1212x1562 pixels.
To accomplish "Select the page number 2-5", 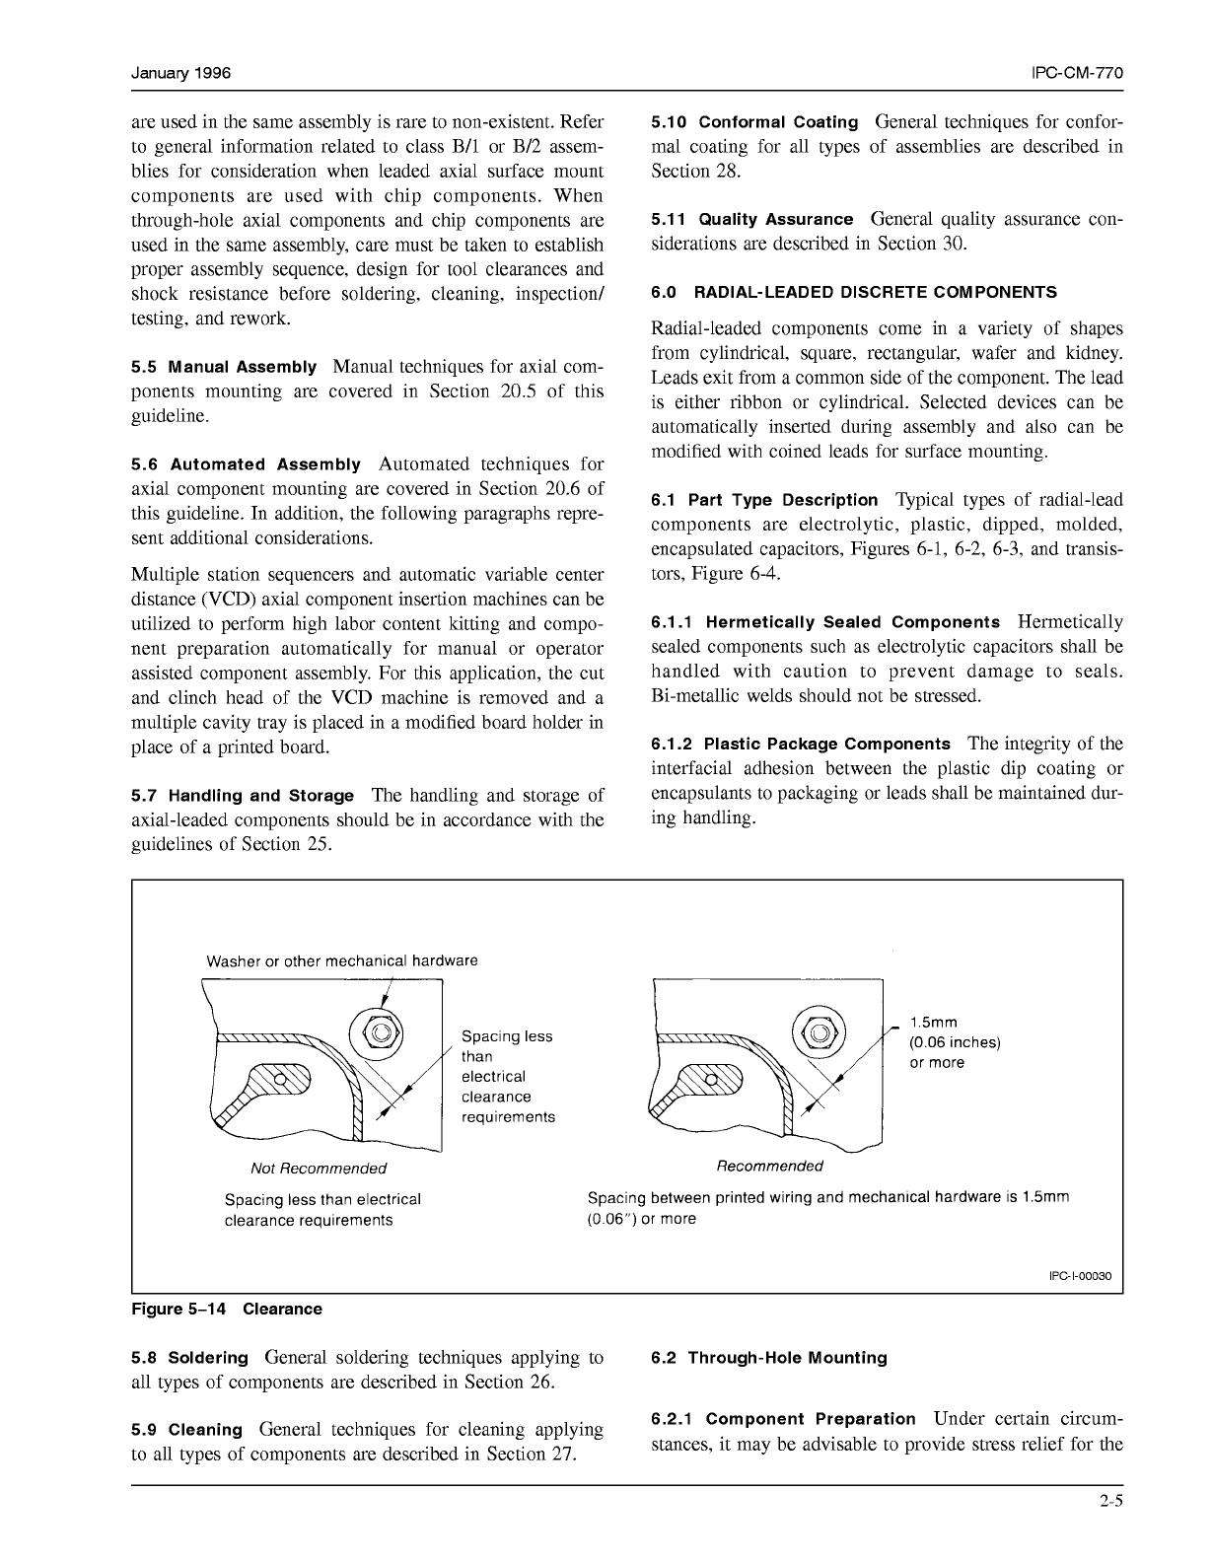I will [1112, 1503].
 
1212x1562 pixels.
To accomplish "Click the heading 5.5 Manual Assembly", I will [224, 367].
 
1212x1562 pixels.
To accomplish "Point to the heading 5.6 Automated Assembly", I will [246, 464].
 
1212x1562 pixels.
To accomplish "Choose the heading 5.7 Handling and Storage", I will [242, 796].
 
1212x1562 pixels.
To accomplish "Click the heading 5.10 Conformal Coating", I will [754, 122].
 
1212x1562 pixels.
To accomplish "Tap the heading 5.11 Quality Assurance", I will [751, 220].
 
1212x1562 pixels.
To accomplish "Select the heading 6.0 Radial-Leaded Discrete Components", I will [854, 293].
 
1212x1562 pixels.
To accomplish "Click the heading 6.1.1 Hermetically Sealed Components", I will [825, 622].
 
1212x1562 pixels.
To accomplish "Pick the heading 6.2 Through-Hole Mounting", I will [769, 1358].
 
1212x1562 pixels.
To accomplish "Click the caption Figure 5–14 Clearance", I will [227, 1310].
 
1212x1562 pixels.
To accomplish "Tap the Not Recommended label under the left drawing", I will [319, 1169].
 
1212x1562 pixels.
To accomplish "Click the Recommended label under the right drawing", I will [769, 1167].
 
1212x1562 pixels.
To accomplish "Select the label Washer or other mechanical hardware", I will [341, 960].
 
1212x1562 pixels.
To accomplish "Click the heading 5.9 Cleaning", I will [187, 1430].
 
